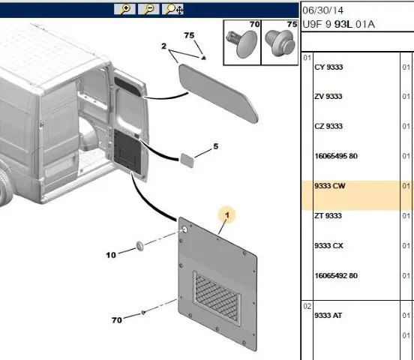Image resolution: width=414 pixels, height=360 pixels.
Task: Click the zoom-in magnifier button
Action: point(124,9)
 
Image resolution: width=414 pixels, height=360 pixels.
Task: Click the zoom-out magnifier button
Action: point(148,9)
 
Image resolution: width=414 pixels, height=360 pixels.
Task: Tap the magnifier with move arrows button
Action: point(172,9)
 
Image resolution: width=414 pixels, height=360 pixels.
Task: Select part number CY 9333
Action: point(328,67)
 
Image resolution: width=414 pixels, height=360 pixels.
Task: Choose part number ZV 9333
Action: point(328,97)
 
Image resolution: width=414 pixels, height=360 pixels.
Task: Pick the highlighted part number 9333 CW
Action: point(330,186)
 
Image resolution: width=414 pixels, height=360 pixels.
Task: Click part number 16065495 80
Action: point(336,156)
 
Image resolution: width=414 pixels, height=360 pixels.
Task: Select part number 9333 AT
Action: point(328,316)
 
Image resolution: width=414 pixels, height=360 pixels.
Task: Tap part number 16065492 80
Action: point(336,276)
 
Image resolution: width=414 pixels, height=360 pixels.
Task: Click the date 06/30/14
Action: point(322,10)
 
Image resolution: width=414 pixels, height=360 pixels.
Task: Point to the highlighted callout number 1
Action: point(227,215)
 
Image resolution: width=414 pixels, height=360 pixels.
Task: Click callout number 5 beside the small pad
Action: point(216,146)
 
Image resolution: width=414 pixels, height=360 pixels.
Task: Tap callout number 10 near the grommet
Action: point(111,255)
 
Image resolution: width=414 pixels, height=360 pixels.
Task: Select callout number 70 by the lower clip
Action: point(117,320)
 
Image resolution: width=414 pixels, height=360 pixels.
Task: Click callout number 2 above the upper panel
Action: point(163,46)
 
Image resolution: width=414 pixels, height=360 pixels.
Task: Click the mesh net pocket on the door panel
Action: point(217,298)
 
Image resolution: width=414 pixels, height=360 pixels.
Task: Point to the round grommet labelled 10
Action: point(140,246)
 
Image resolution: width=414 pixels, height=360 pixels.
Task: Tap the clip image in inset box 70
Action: point(241,43)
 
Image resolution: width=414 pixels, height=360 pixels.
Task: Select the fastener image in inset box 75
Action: point(280,43)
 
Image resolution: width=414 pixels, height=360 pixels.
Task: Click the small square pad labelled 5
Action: point(187,160)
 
